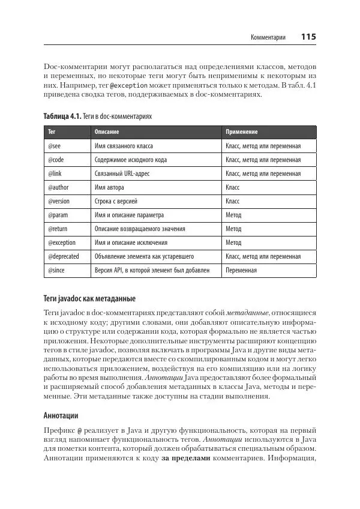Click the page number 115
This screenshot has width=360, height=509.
tap(308, 37)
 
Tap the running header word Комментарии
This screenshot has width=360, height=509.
tap(268, 38)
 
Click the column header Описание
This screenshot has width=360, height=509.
tap(107, 131)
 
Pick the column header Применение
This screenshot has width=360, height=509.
tap(242, 131)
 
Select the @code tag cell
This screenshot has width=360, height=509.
tap(55, 160)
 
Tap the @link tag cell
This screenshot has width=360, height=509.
tap(53, 173)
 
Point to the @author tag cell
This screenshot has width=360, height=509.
tap(57, 187)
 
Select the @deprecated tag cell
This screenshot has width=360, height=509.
tap(64, 256)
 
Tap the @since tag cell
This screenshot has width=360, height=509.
tap(55, 270)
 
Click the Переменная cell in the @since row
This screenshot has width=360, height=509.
tap(241, 270)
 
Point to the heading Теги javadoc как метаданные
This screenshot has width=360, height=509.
tap(89, 298)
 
